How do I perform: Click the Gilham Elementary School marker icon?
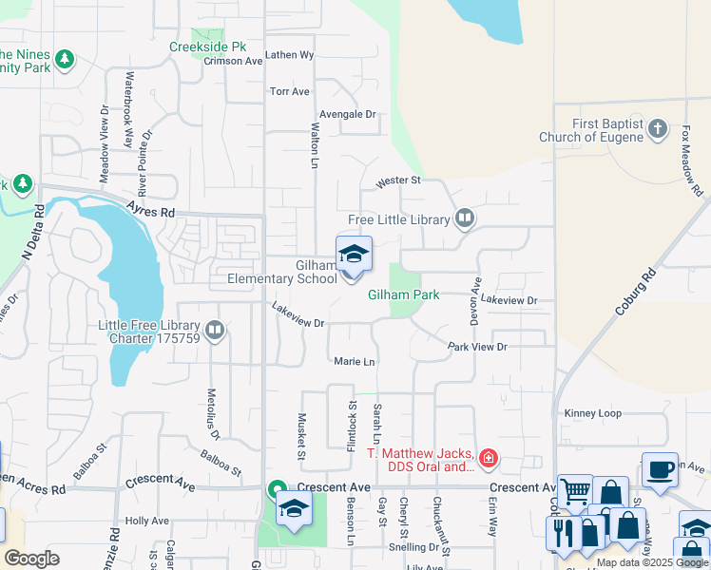click(x=354, y=255)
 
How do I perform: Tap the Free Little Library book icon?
click(x=465, y=219)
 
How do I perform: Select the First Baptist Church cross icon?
click(x=657, y=130)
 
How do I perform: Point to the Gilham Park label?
click(x=404, y=295)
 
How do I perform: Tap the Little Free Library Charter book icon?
click(x=215, y=331)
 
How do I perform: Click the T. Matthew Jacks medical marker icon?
click(x=488, y=460)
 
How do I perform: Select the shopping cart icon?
click(x=575, y=490)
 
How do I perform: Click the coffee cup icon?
click(x=660, y=468)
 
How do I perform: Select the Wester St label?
click(x=397, y=180)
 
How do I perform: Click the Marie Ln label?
click(x=355, y=362)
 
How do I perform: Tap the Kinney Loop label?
click(x=592, y=413)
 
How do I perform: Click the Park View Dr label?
click(x=477, y=347)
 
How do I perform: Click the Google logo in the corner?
click(x=31, y=559)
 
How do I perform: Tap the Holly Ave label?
click(x=146, y=521)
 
